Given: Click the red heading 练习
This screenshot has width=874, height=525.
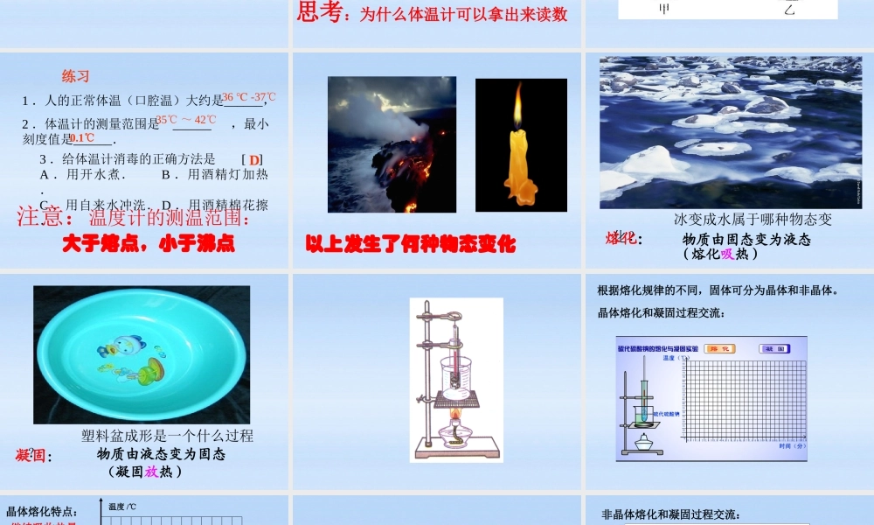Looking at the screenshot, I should (x=76, y=76).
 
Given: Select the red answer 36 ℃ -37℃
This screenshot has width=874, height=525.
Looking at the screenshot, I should (x=248, y=97).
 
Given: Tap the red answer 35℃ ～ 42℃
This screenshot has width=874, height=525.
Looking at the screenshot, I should (x=186, y=120).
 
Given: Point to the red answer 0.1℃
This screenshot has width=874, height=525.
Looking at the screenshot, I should (x=81, y=138).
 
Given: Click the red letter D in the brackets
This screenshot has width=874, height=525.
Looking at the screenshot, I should (x=254, y=160).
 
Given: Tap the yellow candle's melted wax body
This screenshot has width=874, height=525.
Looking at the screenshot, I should (x=519, y=166).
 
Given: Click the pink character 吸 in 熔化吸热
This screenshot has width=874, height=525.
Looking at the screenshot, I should (x=726, y=254).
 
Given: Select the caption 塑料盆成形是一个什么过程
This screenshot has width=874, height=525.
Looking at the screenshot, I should (x=167, y=436).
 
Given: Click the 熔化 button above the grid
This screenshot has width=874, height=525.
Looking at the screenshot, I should (x=719, y=348).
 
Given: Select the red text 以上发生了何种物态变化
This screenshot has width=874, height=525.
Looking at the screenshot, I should (x=411, y=244).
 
